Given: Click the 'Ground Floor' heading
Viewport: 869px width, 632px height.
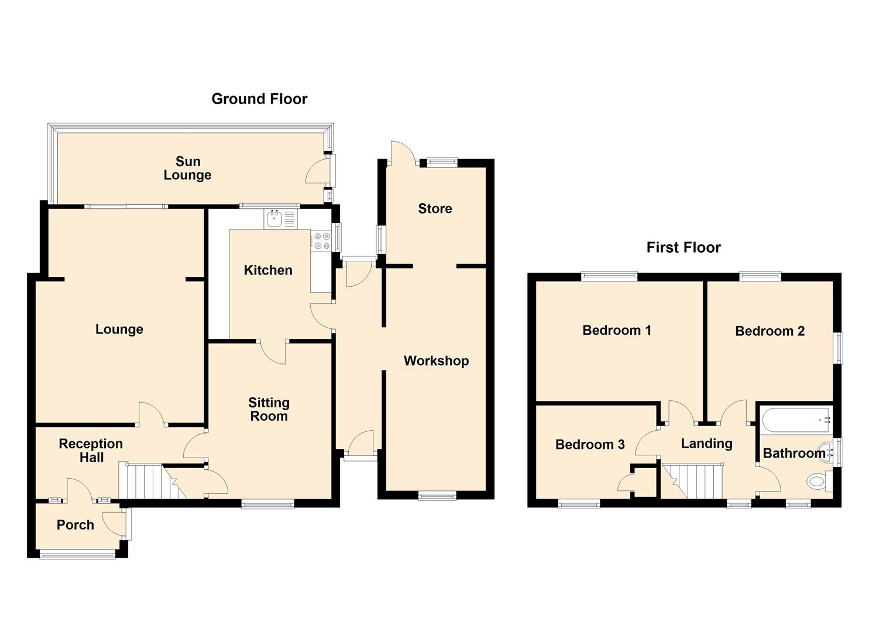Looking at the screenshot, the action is coord(259,99).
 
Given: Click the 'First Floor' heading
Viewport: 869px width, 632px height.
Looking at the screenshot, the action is coord(683,248).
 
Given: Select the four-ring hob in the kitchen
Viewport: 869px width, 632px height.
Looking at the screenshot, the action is coord(322,241).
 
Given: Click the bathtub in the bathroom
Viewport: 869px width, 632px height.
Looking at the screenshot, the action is coord(795,420).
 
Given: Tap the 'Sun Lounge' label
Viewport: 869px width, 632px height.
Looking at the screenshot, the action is coord(188,168).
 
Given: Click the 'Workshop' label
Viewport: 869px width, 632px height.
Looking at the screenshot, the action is coord(436,361).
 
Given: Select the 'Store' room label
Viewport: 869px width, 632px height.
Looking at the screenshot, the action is coord(435,209).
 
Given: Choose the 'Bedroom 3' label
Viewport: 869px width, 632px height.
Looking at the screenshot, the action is coord(590,444).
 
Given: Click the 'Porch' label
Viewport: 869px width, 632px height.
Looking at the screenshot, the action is coord(75,525).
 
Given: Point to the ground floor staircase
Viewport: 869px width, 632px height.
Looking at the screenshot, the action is coord(153,480).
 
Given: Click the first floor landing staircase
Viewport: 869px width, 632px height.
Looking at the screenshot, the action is coord(692,481).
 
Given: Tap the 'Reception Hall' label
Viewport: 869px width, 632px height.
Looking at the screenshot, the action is coord(91,451).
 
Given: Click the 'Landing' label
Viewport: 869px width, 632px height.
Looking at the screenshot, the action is coord(707,444).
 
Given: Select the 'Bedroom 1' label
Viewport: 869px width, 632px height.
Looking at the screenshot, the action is coord(617,330).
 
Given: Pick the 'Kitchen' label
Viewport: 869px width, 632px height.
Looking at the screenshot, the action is coord(268,270).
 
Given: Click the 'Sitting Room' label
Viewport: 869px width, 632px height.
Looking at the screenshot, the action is coord(269,409).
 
